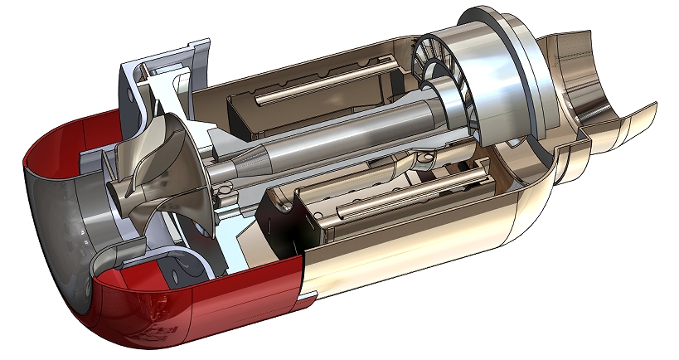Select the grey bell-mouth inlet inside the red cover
(58, 216)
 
